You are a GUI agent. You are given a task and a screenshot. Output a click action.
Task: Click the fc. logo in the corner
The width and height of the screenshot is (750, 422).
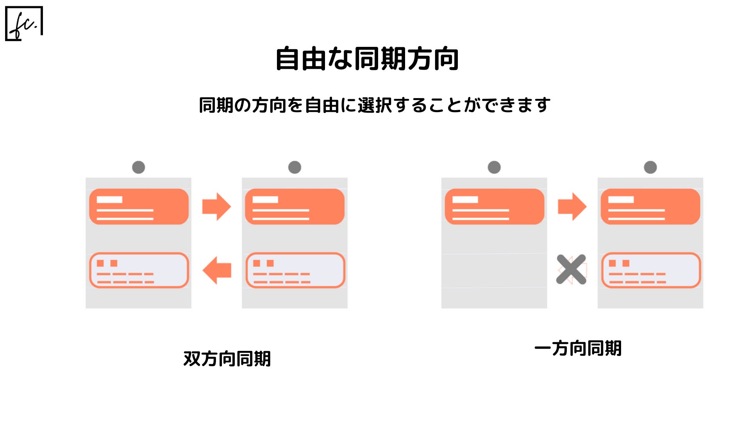pyautogui.click(x=24, y=23)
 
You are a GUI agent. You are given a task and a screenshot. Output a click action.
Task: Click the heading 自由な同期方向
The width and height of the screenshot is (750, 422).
pyautogui.click(x=367, y=59)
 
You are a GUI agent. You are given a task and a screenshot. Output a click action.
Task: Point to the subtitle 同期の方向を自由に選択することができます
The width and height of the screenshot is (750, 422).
pyautogui.click(x=375, y=105)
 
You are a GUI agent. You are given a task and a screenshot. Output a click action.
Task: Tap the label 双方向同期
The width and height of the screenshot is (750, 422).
pyautogui.click(x=227, y=359)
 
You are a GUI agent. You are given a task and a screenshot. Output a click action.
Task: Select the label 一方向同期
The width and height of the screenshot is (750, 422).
pyautogui.click(x=578, y=348)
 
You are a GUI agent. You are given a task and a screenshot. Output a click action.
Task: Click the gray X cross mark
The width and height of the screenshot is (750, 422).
pyautogui.click(x=571, y=269)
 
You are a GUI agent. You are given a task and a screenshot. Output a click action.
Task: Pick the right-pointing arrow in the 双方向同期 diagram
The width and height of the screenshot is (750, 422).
pyautogui.click(x=216, y=206)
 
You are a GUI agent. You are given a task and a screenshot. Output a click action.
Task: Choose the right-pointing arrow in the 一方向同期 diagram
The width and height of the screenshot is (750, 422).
pyautogui.click(x=572, y=206)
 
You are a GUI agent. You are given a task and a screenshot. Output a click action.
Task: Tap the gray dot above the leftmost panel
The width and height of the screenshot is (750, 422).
pyautogui.click(x=139, y=167)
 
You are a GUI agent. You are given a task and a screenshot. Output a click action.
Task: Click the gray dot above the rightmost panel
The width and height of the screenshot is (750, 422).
pyautogui.click(x=650, y=167)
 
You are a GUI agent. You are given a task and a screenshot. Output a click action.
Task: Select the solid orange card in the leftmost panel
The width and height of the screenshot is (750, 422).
pyautogui.click(x=139, y=206)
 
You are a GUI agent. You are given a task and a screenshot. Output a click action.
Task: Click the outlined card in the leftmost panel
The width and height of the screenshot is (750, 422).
pyautogui.click(x=139, y=270)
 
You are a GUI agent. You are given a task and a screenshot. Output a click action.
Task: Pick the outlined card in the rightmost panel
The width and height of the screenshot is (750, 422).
pyautogui.click(x=651, y=270)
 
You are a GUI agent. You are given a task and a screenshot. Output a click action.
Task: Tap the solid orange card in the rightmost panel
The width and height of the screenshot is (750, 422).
pyautogui.click(x=650, y=206)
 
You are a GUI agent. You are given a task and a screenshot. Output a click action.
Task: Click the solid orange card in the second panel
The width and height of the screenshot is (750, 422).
pyautogui.click(x=295, y=206)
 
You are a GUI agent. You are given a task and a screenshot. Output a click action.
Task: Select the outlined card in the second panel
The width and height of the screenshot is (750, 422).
pyautogui.click(x=295, y=270)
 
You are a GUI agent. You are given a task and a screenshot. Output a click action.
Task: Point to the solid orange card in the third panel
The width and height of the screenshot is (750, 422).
pyautogui.click(x=494, y=206)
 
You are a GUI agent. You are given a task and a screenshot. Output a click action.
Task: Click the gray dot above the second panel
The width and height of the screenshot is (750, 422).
pyautogui.click(x=295, y=167)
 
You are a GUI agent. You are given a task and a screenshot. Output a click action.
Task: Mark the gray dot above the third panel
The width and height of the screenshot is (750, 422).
pyautogui.click(x=494, y=167)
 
